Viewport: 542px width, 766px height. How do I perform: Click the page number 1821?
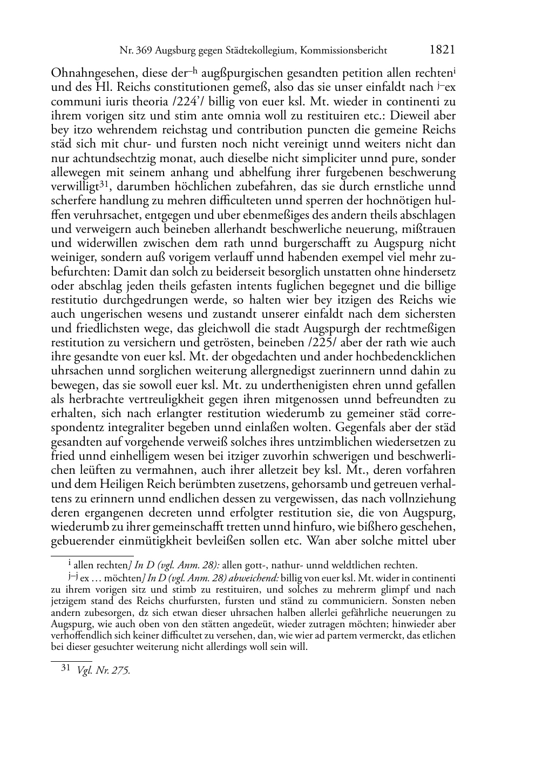pyautogui.click(x=442, y=50)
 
